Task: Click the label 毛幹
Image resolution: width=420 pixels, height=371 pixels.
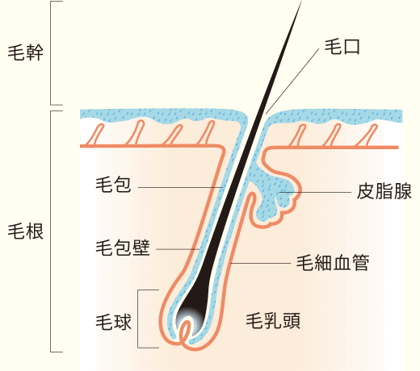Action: point(26,52)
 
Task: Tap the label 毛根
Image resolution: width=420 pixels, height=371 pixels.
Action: point(26,231)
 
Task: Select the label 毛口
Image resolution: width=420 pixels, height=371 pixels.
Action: point(342,47)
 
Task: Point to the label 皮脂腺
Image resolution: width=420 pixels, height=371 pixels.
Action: point(384,191)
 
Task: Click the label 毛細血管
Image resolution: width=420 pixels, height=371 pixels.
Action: point(333,262)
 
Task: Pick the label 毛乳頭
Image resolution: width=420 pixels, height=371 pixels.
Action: point(273,321)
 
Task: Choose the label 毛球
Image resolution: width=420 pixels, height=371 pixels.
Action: point(113,322)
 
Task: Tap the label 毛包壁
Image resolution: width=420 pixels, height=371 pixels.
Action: point(123,248)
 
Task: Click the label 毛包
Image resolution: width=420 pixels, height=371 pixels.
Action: point(113,185)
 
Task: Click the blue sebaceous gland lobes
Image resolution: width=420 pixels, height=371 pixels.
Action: point(275,195)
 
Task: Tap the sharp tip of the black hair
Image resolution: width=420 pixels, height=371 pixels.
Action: point(301,1)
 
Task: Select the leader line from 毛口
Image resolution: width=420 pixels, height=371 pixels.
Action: point(292,81)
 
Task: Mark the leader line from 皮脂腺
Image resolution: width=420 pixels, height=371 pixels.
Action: point(315,192)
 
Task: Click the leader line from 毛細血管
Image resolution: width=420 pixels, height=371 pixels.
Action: point(261,263)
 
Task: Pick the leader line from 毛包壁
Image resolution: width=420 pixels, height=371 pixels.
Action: point(178,249)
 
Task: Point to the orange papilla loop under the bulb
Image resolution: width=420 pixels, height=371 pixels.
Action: point(184,330)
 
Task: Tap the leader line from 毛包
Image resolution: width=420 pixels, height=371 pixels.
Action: point(180,187)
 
